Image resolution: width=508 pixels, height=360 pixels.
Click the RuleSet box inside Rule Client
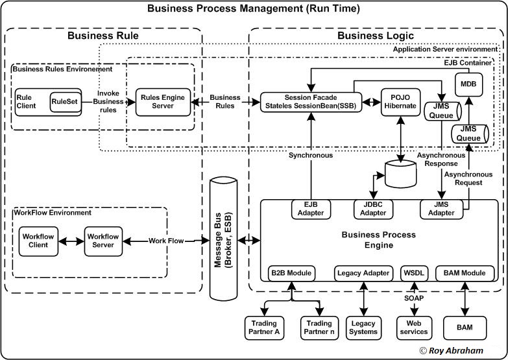(65, 101)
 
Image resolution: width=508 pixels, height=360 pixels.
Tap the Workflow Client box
(38, 241)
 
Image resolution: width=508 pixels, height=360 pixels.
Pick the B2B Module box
(291, 273)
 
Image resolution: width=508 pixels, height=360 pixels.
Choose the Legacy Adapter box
(363, 273)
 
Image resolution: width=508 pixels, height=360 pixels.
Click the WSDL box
(413, 273)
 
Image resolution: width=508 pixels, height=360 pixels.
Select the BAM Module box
(465, 273)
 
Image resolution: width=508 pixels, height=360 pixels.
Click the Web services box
(413, 327)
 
